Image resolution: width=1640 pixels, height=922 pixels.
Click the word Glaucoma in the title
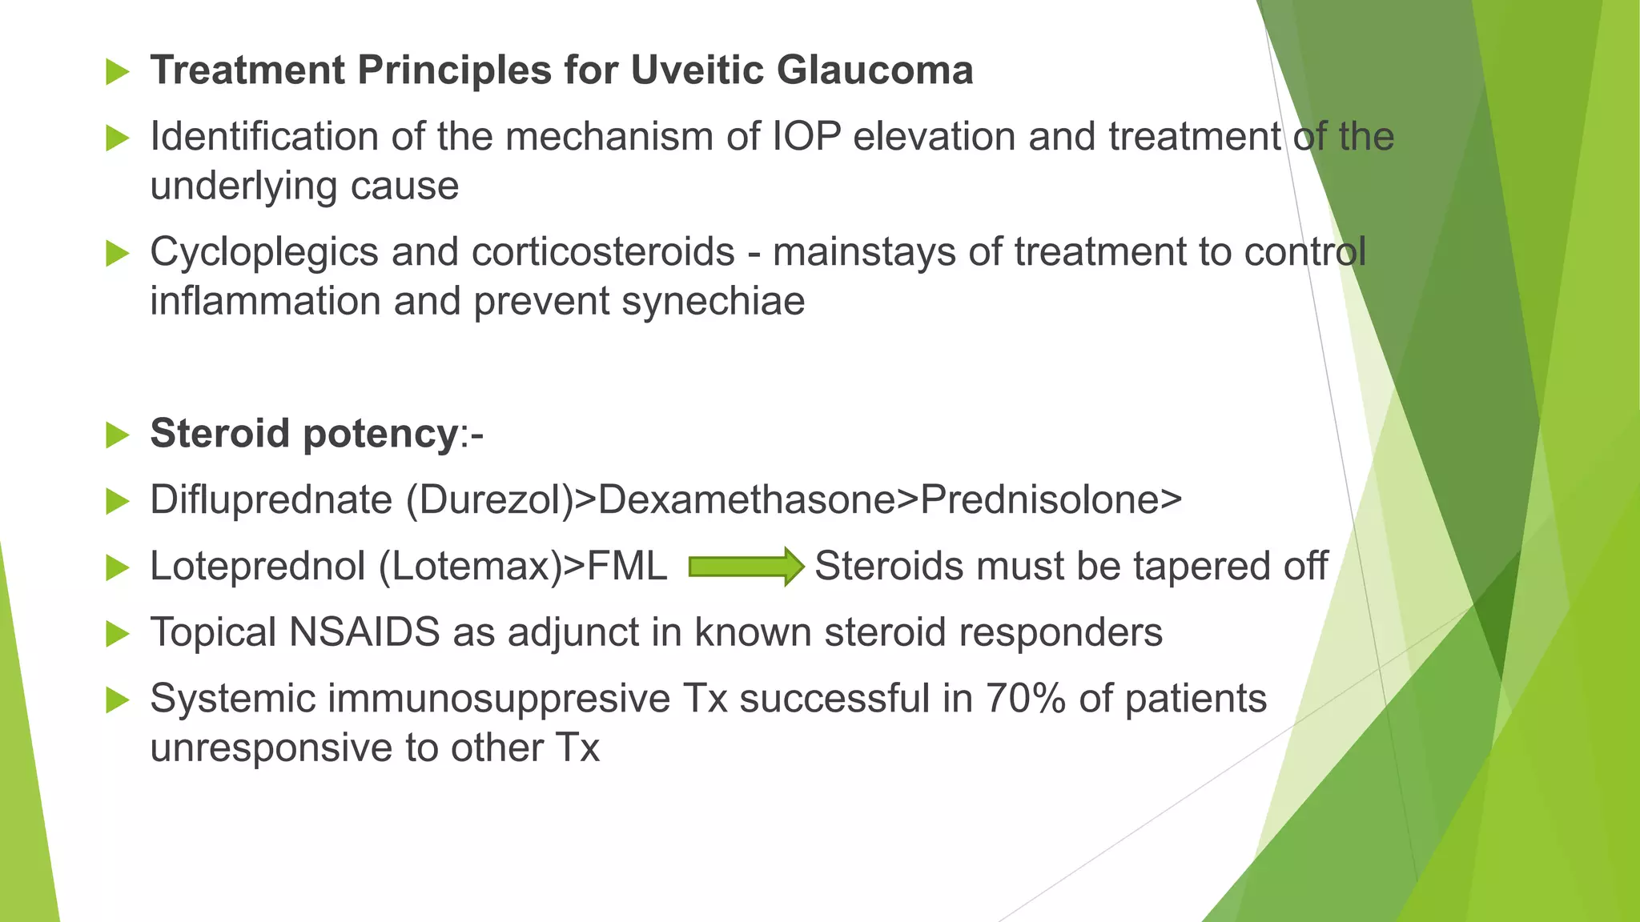[x=874, y=70]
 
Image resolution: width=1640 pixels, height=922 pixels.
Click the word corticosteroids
[x=603, y=252]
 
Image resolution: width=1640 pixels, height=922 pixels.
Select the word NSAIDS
[x=364, y=632]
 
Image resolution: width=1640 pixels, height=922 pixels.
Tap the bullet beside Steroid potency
[x=117, y=435]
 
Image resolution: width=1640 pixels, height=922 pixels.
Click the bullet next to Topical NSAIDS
[x=117, y=634]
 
